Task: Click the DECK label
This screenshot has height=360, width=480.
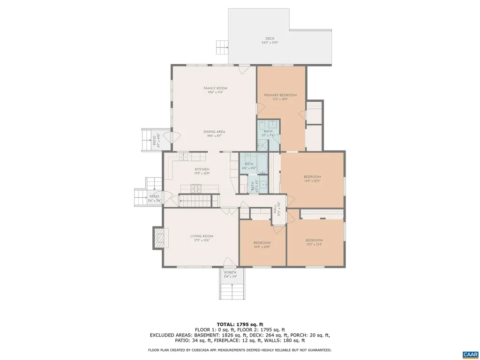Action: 270,38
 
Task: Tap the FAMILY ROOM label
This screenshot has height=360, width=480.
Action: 215,88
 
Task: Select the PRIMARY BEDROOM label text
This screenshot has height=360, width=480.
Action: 280,95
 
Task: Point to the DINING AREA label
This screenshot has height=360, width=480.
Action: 214,132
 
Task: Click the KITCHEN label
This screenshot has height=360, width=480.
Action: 202,169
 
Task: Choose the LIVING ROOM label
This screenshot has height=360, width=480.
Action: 202,236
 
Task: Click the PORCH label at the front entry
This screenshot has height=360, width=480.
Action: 230,272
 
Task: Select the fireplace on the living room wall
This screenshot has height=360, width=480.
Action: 158,239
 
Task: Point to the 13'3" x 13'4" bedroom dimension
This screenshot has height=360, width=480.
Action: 314,244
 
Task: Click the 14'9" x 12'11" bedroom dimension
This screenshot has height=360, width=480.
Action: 312,181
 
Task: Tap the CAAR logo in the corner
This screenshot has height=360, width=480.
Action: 469,354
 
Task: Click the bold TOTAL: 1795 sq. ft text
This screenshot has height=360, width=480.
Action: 240,324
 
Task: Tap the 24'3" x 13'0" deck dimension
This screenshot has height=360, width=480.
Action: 270,43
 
